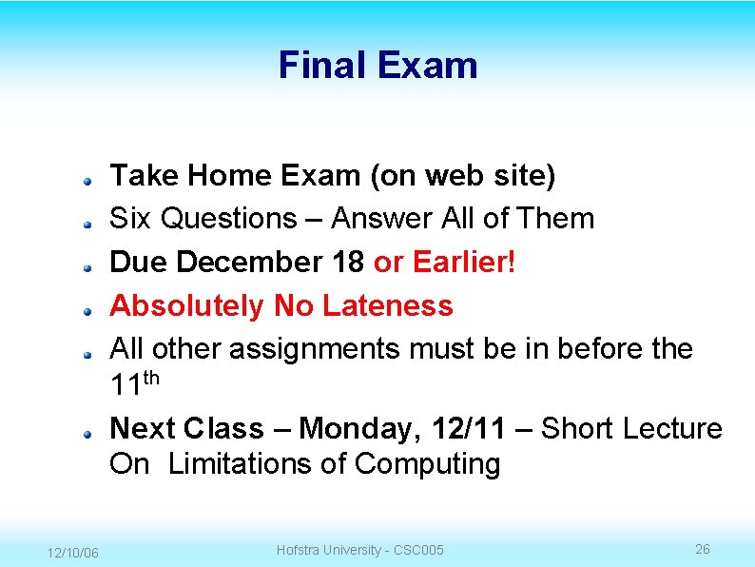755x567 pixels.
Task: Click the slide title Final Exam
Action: point(377,66)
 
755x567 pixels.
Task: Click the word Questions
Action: point(229,219)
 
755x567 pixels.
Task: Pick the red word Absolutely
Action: point(187,306)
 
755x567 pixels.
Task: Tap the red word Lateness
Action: point(388,306)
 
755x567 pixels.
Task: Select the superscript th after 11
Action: point(151,379)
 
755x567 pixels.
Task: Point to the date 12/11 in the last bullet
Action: point(468,429)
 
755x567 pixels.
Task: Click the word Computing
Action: point(427,465)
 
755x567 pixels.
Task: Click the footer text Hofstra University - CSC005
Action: point(359,550)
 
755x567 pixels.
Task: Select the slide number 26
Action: point(703,549)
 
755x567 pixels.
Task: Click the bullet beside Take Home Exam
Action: point(86,178)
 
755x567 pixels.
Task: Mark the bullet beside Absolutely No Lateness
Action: point(86,309)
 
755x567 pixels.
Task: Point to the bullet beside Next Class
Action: point(86,432)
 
